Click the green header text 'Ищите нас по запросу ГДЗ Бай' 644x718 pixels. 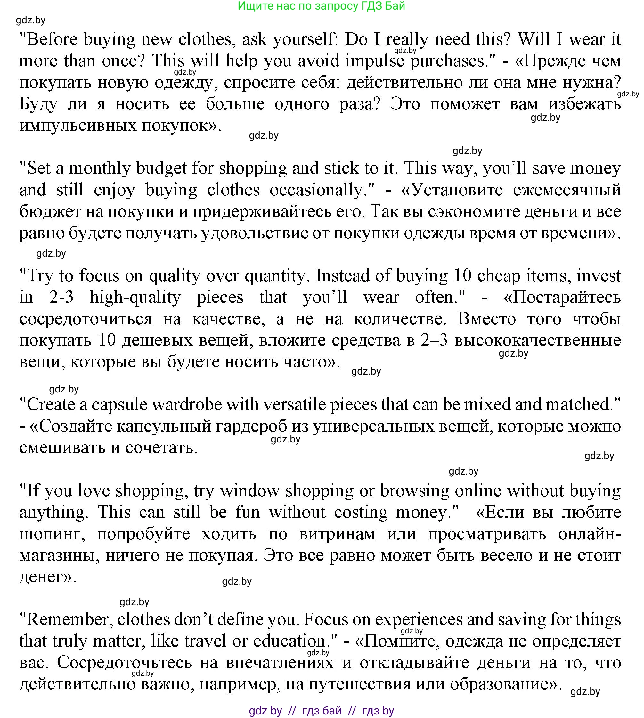(x=321, y=6)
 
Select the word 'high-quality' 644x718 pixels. (x=135, y=297)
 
